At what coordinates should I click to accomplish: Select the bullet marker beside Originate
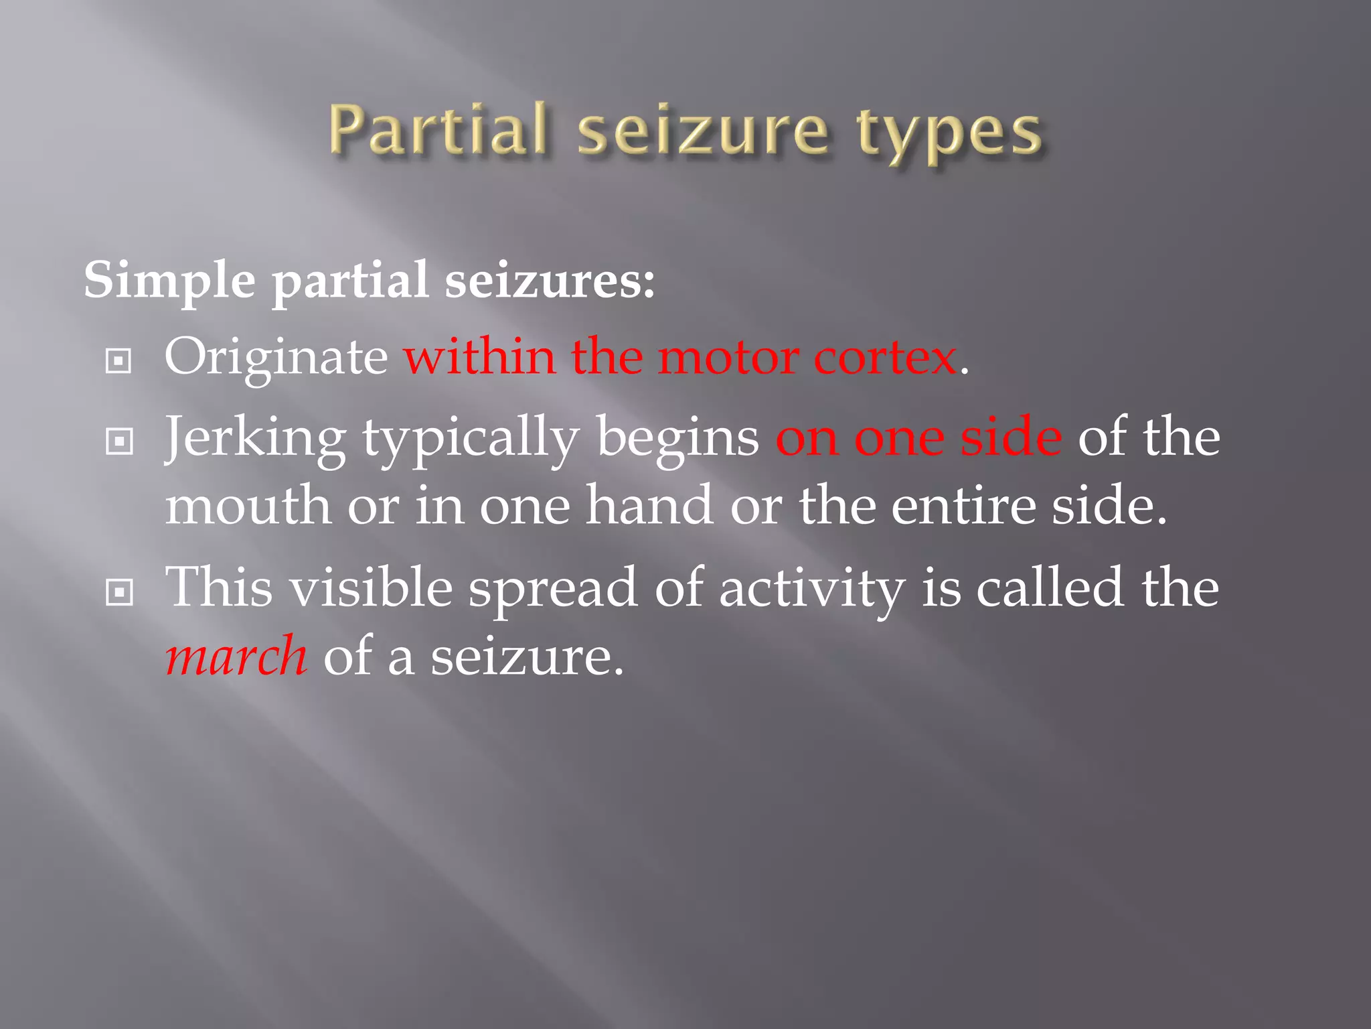pos(119,362)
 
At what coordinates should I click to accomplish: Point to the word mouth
pos(248,506)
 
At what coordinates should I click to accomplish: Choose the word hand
pos(649,505)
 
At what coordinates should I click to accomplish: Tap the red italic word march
pos(236,657)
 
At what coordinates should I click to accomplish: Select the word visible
pos(370,588)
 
